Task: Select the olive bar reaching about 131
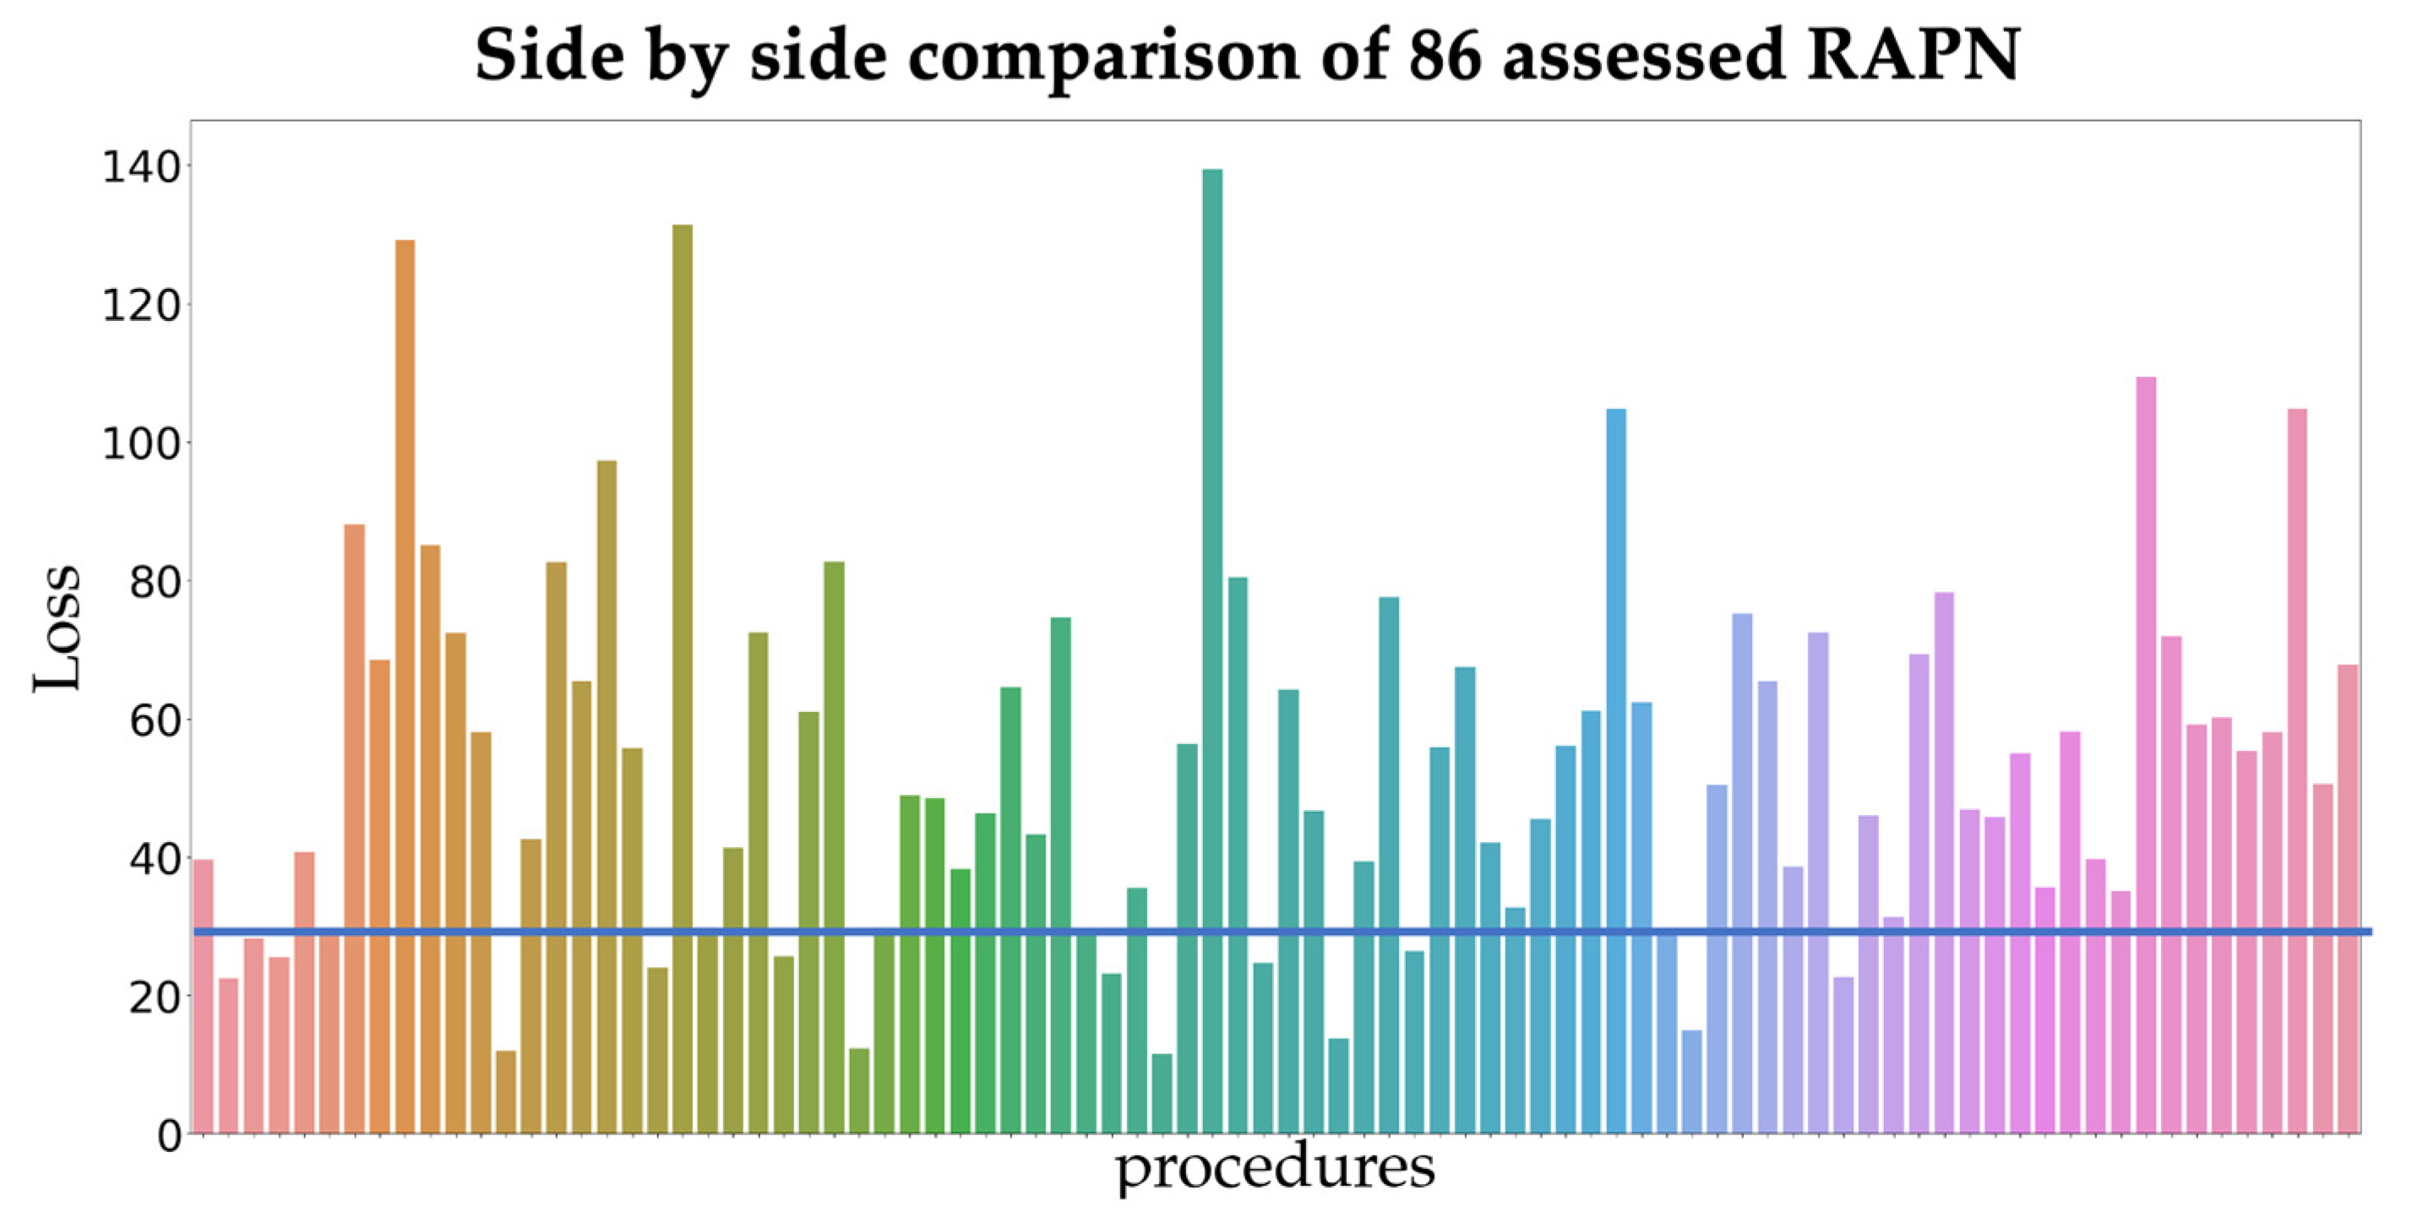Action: click(683, 674)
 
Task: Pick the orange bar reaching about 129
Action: click(405, 683)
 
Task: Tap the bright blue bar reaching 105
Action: click(1616, 768)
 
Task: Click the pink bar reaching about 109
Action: click(2146, 749)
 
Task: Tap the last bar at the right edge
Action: click(2348, 899)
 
